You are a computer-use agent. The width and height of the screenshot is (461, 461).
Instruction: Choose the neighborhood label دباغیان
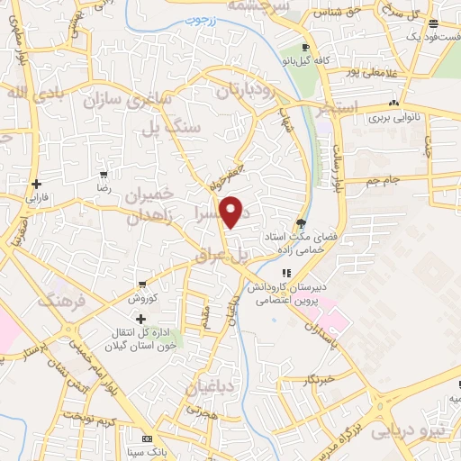click(209, 388)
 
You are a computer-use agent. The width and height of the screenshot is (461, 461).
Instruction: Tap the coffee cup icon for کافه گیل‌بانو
click(306, 47)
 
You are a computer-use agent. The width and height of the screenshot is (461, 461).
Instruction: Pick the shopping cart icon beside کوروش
click(141, 284)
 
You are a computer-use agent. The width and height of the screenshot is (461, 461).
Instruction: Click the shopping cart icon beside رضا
click(104, 175)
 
